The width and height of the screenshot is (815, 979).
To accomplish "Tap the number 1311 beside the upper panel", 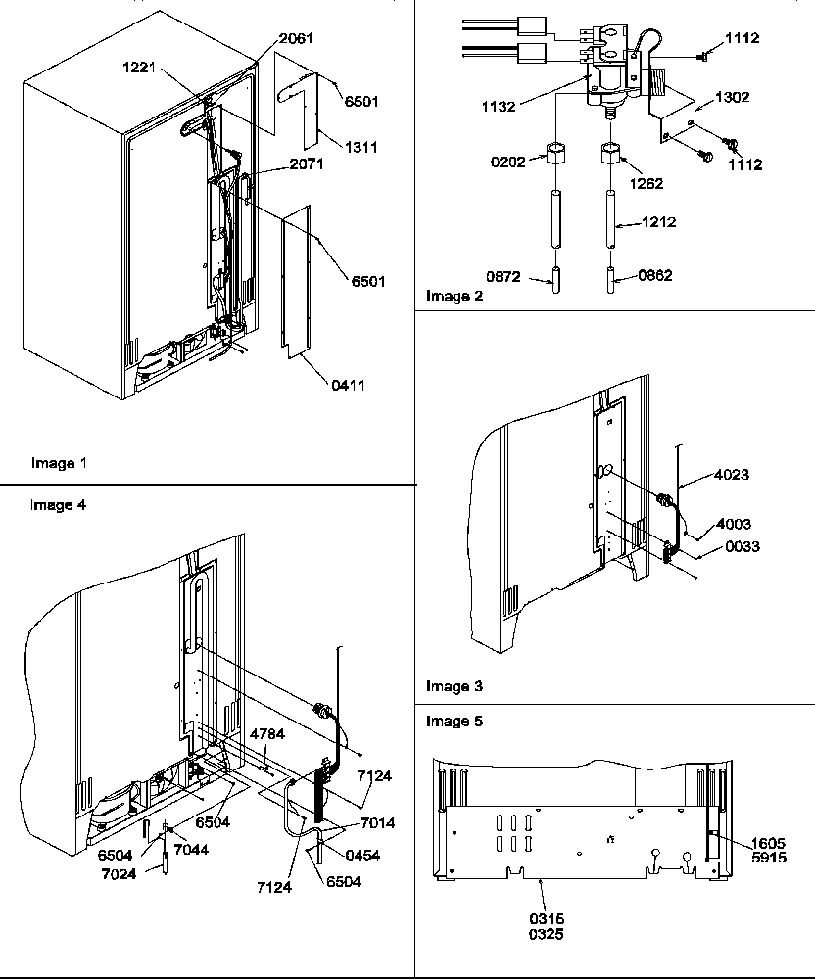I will point(360,148).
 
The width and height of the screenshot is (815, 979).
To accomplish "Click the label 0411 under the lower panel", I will point(347,386).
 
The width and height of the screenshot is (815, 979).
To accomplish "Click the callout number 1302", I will point(734,98).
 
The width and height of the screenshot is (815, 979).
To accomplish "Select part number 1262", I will point(646,183).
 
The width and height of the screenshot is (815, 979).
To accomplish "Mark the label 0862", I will point(652,276).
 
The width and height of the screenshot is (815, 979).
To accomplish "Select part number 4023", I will point(731,475).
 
